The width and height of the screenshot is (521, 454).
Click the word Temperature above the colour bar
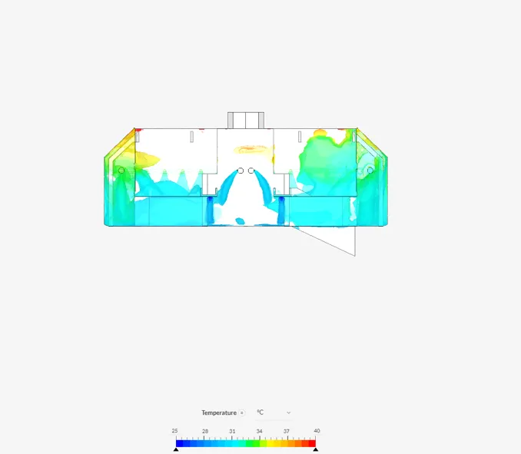point(219,413)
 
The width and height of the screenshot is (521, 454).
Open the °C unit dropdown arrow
point(288,413)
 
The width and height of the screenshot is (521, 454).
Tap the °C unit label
point(260,413)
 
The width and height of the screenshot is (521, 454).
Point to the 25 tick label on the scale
point(174,431)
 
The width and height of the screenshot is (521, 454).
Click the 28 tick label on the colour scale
point(205,431)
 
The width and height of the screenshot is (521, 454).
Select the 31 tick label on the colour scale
point(232,431)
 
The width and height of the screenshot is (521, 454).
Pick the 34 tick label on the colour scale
point(259,431)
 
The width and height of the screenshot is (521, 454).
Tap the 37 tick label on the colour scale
point(287,431)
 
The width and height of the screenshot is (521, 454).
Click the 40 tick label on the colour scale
point(317,431)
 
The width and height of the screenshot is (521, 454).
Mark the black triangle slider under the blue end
point(176,449)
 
